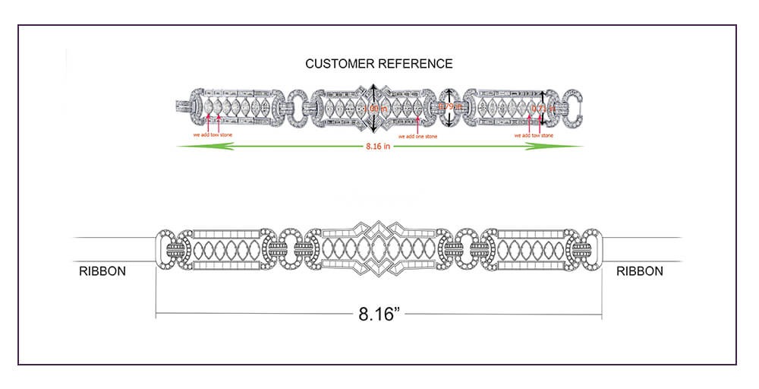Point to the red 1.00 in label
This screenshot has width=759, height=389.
(375, 109)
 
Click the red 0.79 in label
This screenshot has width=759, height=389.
(452, 106)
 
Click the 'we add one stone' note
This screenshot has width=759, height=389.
(417, 136)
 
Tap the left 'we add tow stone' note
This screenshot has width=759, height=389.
(213, 135)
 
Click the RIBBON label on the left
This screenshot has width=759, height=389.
(102, 271)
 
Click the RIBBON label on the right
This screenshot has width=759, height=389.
(640, 271)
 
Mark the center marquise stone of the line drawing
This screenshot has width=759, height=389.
(379, 249)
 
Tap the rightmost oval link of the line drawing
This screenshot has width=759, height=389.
(591, 249)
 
